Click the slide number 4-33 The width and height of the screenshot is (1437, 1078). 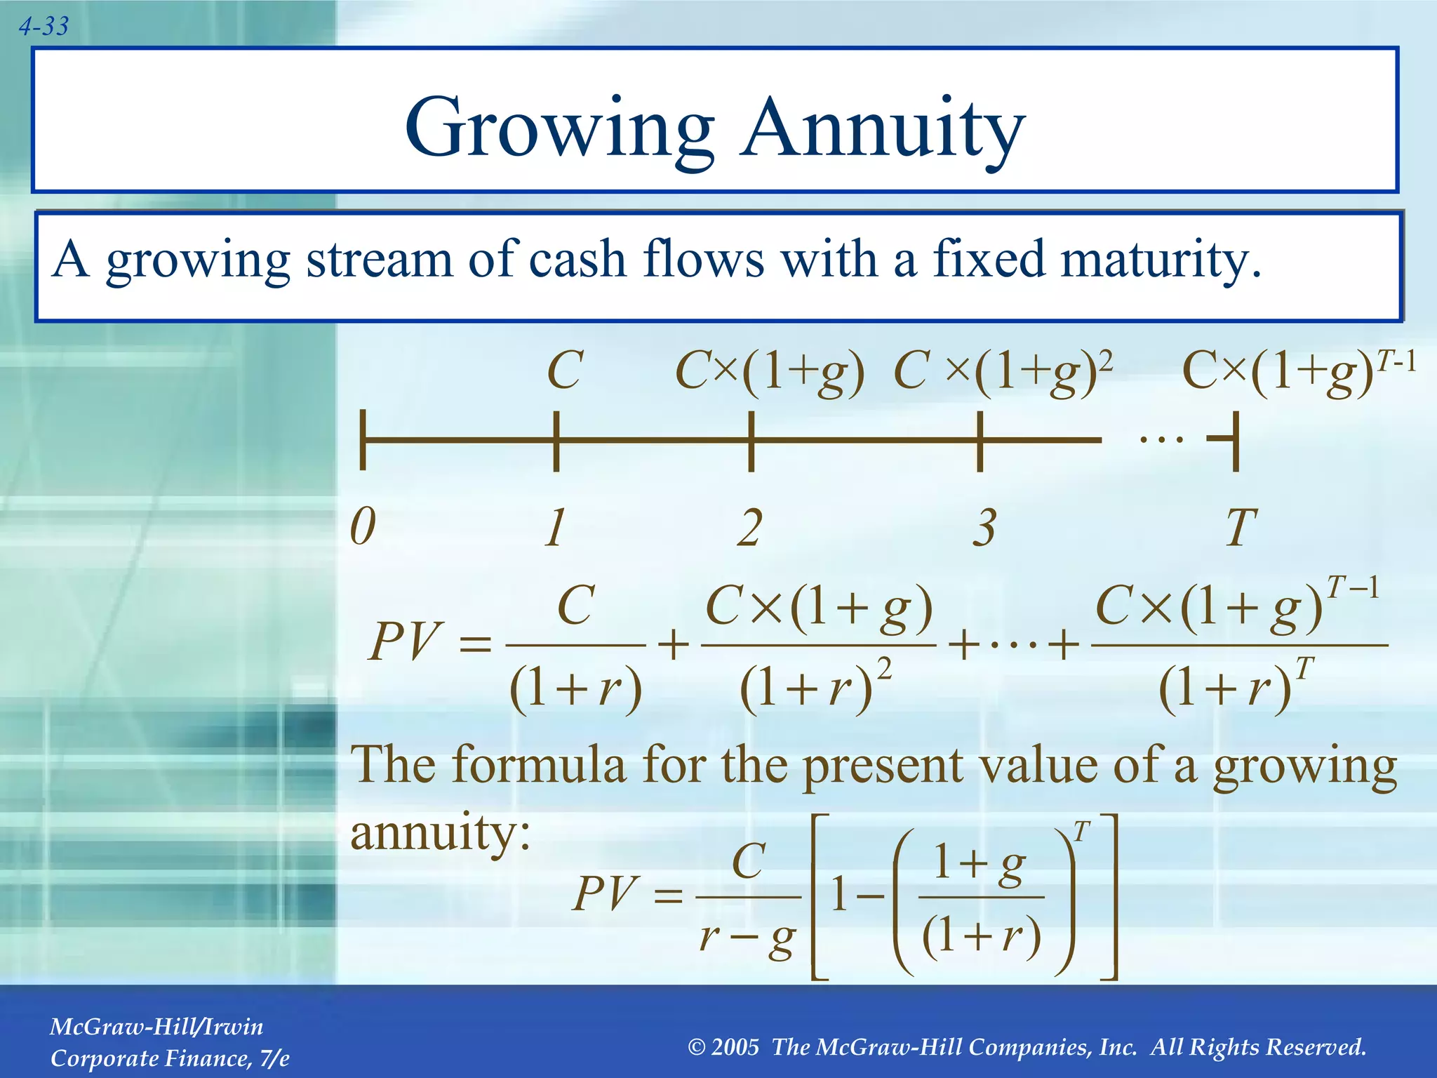tap(44, 27)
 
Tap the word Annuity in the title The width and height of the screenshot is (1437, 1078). tap(883, 128)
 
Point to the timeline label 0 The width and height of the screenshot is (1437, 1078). tap(363, 526)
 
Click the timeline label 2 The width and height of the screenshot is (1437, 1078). tap(749, 528)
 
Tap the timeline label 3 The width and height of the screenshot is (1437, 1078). tap(984, 528)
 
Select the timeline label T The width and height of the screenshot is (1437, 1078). tap(1241, 528)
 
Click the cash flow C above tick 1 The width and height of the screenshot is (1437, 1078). tap(565, 371)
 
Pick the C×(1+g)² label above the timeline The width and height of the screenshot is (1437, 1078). tap(1003, 372)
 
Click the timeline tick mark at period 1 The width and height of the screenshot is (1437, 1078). tap(556, 441)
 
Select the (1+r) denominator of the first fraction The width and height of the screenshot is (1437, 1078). tap(575, 689)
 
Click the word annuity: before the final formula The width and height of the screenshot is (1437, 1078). tap(440, 832)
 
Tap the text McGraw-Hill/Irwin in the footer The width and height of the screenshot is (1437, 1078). tap(156, 1027)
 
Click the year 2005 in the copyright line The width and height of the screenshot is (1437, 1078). tap(735, 1047)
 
